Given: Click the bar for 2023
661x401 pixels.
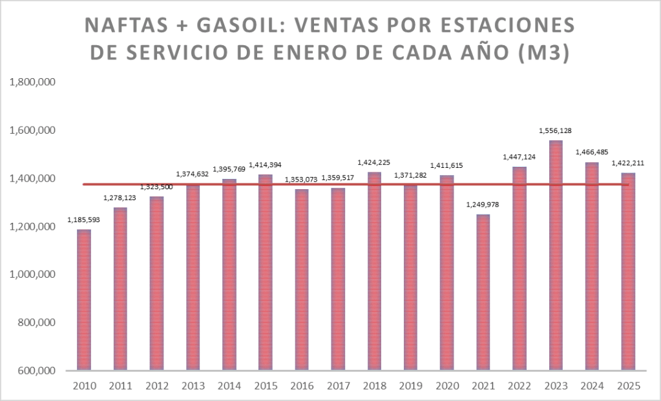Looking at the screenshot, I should [x=556, y=255].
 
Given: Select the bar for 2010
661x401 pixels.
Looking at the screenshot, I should [x=84, y=300].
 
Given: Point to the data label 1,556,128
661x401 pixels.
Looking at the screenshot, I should [x=556, y=131].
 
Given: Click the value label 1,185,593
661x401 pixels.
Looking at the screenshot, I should [x=84, y=221].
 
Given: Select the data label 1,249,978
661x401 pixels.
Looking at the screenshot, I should [x=483, y=205].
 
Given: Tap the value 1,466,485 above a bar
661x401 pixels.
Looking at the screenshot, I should [x=593, y=153].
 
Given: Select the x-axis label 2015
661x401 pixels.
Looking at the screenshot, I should [x=266, y=386].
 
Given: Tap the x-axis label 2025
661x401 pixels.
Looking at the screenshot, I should [x=629, y=386].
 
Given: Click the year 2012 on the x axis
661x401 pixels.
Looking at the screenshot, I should [x=157, y=386].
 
